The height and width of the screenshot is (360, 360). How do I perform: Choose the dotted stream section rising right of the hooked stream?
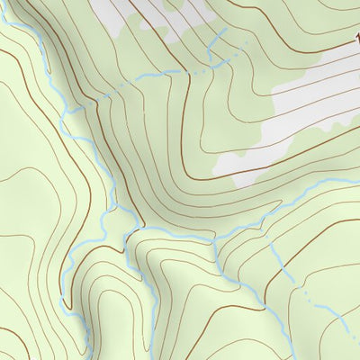[236, 56]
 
